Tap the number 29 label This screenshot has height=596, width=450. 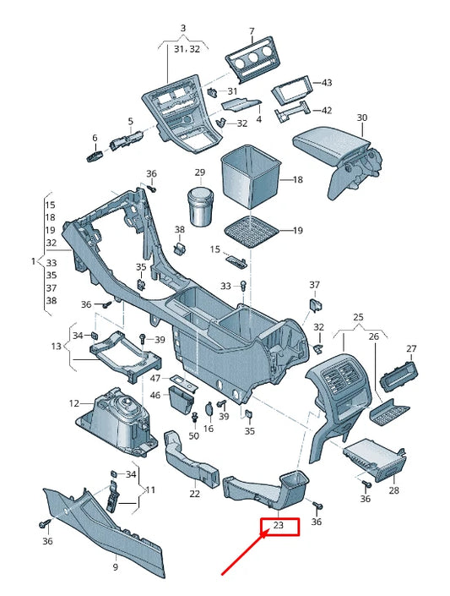(199, 172)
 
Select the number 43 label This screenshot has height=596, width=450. (327, 82)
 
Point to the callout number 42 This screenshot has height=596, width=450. (327, 110)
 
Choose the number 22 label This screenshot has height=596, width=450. (195, 494)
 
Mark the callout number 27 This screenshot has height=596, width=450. (411, 349)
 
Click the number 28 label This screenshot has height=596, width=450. (394, 490)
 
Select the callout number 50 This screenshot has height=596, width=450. (194, 436)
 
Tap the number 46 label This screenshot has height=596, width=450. (155, 395)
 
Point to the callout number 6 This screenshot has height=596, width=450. (95, 138)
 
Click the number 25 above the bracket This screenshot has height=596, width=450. (358, 317)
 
